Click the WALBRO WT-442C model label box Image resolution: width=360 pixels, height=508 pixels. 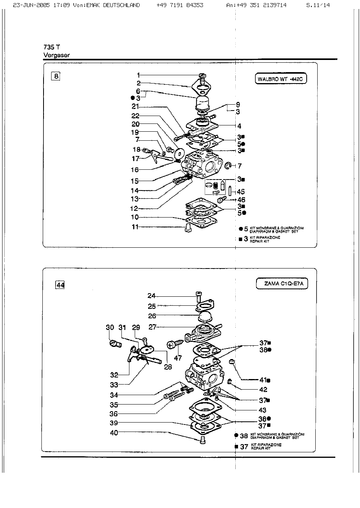[280, 79]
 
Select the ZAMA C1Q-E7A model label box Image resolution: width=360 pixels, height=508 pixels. [282, 284]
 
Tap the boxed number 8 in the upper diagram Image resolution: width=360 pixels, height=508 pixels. [56, 76]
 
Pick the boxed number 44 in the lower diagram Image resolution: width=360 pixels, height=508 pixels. [60, 285]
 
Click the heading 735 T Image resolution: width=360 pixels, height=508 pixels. [49, 47]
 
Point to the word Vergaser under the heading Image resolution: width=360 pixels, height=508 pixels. [56, 55]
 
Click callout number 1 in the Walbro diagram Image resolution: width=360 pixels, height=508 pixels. [138, 74]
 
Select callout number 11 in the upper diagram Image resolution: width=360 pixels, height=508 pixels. [135, 227]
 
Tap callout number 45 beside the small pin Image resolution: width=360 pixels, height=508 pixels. [241, 192]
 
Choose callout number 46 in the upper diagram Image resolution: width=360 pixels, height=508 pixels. [241, 200]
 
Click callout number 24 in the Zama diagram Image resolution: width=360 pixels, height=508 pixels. [152, 296]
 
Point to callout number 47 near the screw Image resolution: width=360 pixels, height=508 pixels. [178, 357]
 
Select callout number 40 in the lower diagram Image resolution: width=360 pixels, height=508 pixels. [114, 433]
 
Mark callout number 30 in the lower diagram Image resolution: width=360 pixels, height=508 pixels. [110, 328]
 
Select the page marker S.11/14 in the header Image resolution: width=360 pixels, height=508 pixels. [318, 5]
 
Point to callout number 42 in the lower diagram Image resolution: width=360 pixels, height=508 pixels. [263, 390]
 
